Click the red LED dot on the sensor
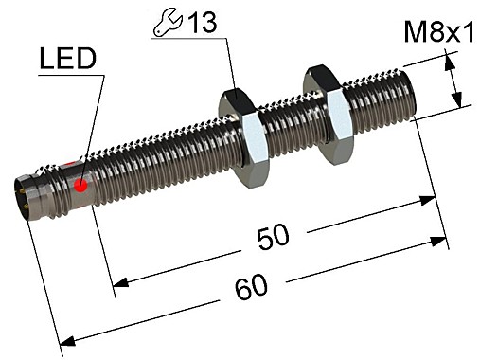(x=80, y=186)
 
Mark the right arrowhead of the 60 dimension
(x=439, y=243)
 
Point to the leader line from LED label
(x=90, y=123)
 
